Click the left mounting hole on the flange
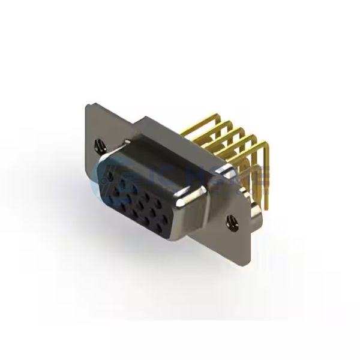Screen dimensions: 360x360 click(x=98, y=145)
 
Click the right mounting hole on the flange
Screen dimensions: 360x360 click(x=230, y=223)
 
